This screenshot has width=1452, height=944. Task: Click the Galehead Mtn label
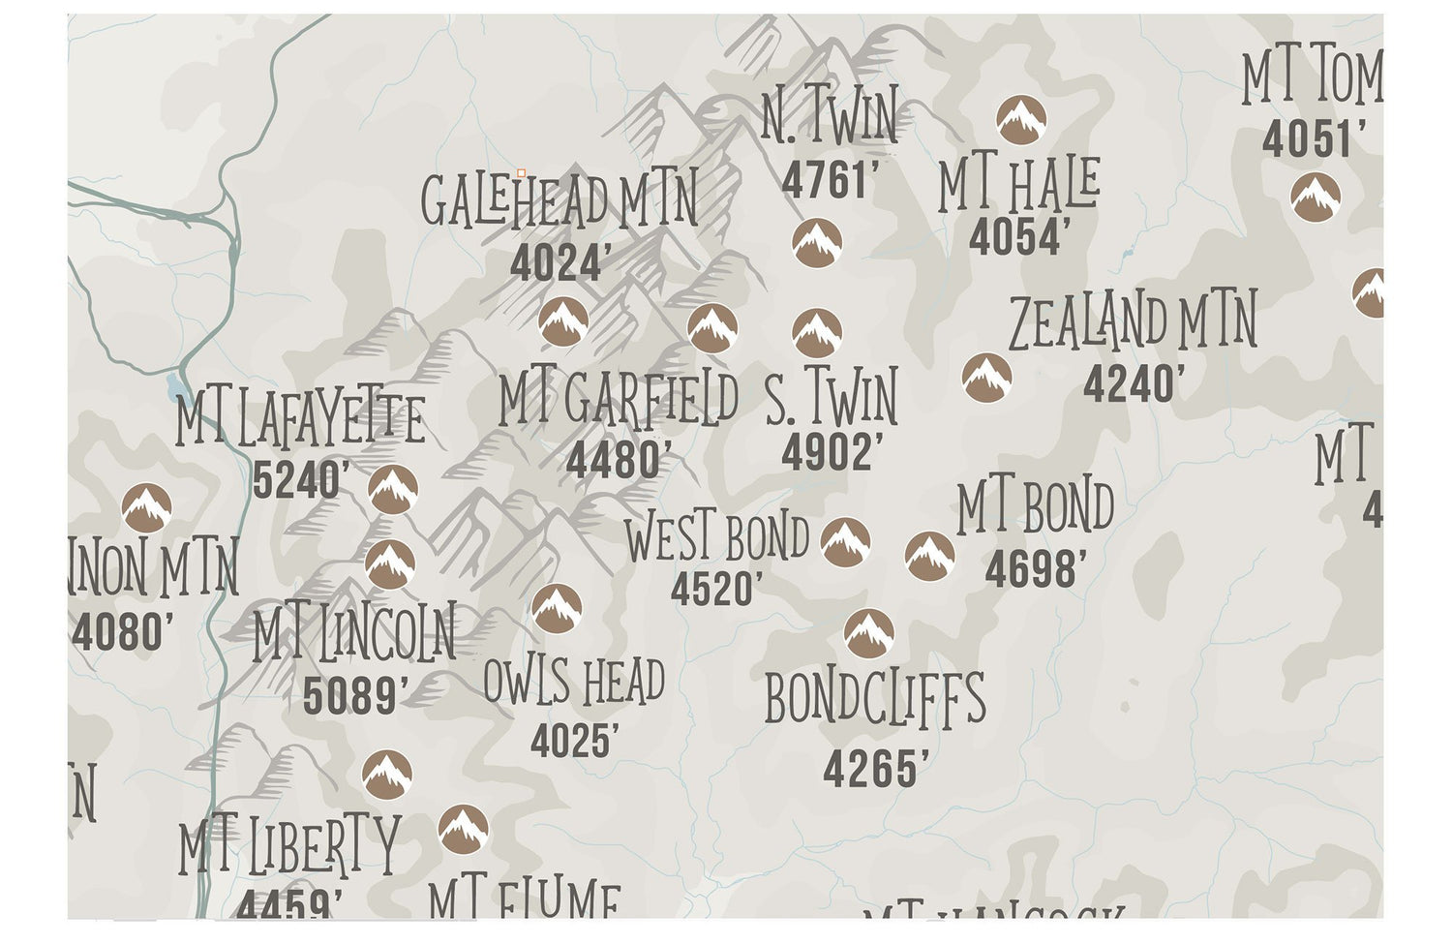559,201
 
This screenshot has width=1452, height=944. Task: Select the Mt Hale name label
1018,186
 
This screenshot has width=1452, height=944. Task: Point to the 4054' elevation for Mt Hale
1019,237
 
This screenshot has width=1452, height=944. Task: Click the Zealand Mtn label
1133,323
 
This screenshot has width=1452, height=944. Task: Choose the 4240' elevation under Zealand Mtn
1133,384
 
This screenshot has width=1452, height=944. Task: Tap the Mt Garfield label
618,399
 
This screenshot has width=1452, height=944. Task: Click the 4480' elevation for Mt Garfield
618,460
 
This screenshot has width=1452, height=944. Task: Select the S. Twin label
832,398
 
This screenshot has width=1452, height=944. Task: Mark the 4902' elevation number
832,452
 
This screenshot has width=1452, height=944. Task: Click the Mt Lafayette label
300,420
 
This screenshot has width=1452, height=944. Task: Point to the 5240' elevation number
300,480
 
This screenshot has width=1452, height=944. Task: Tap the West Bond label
716,538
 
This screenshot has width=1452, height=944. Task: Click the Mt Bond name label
1035,509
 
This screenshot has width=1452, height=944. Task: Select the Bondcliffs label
875,699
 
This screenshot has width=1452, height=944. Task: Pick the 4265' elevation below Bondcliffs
875,770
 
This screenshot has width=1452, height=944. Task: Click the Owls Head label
574,682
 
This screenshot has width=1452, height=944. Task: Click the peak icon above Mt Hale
1021,121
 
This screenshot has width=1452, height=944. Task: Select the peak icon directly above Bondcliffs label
868,633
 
